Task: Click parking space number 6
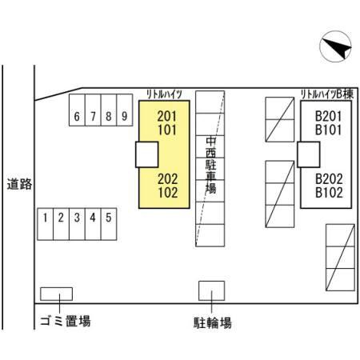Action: [77, 110]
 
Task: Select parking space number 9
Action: [125, 110]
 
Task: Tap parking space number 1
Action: [46, 224]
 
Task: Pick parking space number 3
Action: [77, 224]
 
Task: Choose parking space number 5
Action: [109, 224]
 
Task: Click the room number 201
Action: [167, 116]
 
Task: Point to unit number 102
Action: [168, 193]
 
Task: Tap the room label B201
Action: [328, 116]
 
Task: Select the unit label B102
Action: [329, 193]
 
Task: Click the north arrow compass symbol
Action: [335, 46]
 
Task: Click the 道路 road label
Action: [19, 184]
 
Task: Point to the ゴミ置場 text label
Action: [66, 321]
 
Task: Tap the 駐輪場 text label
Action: [212, 322]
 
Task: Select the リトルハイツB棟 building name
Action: [327, 94]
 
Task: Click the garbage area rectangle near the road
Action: [56, 294]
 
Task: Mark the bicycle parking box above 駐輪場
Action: [211, 290]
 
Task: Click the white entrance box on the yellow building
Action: [147, 154]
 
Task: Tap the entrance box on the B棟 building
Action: [309, 154]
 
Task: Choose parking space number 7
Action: [93, 110]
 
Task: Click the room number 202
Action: [168, 179]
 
